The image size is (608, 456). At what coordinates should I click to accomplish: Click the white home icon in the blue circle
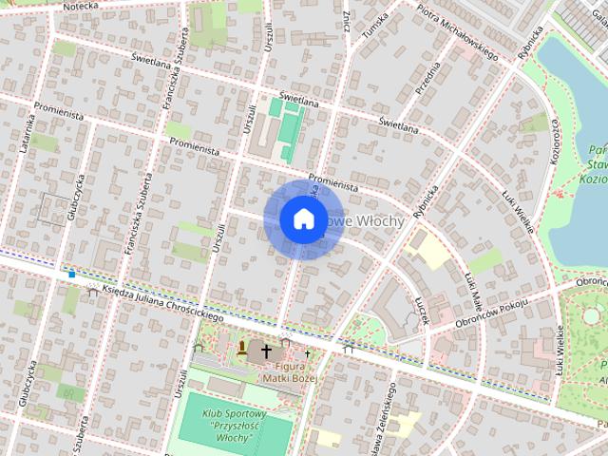tap(302, 219)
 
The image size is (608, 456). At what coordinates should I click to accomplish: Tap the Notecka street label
tap(83, 6)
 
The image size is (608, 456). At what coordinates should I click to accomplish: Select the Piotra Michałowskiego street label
tap(459, 34)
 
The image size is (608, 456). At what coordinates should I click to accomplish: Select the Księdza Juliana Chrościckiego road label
tap(157, 300)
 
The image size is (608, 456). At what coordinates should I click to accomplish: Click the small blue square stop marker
tap(71, 275)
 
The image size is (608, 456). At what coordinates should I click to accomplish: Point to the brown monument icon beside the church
tap(244, 347)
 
